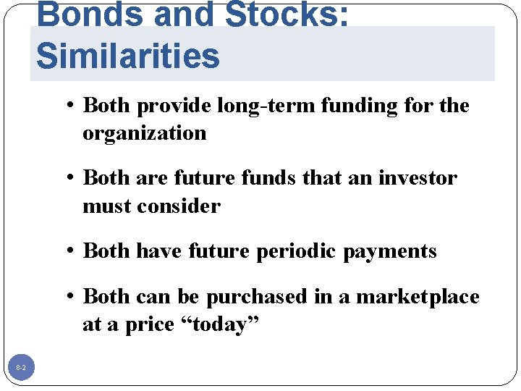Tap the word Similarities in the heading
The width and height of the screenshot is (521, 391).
(128, 56)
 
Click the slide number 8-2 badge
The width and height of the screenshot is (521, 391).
(21, 369)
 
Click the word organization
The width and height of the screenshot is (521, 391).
(145, 133)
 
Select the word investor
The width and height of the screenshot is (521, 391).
(418, 178)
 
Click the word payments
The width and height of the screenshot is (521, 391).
(390, 251)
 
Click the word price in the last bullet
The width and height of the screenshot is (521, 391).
(144, 324)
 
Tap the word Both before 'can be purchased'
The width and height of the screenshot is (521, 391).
(107, 297)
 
